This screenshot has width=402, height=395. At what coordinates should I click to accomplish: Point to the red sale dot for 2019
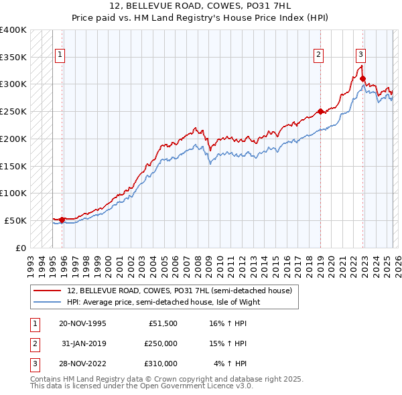tap(320, 111)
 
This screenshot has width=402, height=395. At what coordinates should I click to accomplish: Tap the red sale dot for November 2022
tap(362, 78)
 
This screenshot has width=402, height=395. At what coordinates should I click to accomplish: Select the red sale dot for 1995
tap(62, 220)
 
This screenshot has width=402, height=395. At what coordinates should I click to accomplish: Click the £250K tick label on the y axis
tap(13, 111)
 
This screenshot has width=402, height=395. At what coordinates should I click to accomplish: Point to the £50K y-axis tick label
tap(15, 220)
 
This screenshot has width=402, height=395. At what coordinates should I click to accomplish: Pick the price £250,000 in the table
tap(161, 343)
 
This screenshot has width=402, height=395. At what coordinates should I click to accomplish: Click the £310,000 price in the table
tap(161, 364)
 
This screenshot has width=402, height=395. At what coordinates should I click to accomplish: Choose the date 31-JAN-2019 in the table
tap(82, 343)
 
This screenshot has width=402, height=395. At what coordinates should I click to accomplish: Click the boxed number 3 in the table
tap(33, 364)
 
